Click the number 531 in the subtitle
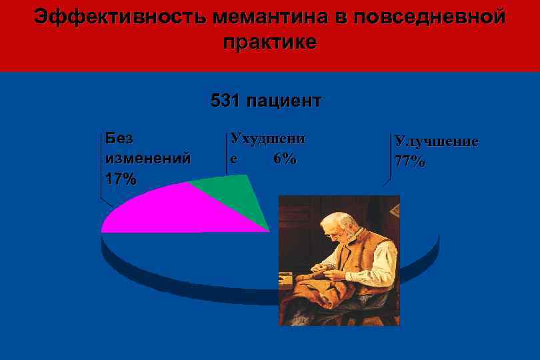[225, 101]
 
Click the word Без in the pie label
[119, 139]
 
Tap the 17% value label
[121, 179]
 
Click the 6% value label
[285, 159]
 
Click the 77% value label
[409, 162]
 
